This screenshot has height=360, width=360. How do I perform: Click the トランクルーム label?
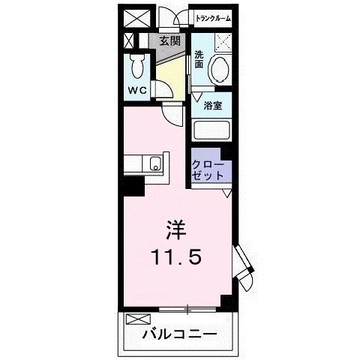[x=213, y=18]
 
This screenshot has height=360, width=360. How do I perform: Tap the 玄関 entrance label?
[x=169, y=40]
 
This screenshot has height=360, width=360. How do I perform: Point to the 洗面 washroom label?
[x=199, y=59]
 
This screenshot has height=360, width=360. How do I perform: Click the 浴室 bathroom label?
[x=213, y=106]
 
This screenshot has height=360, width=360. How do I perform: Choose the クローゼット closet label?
[x=208, y=169]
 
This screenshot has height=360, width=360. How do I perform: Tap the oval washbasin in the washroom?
[x=220, y=71]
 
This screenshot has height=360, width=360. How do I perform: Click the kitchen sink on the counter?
[x=154, y=164]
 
